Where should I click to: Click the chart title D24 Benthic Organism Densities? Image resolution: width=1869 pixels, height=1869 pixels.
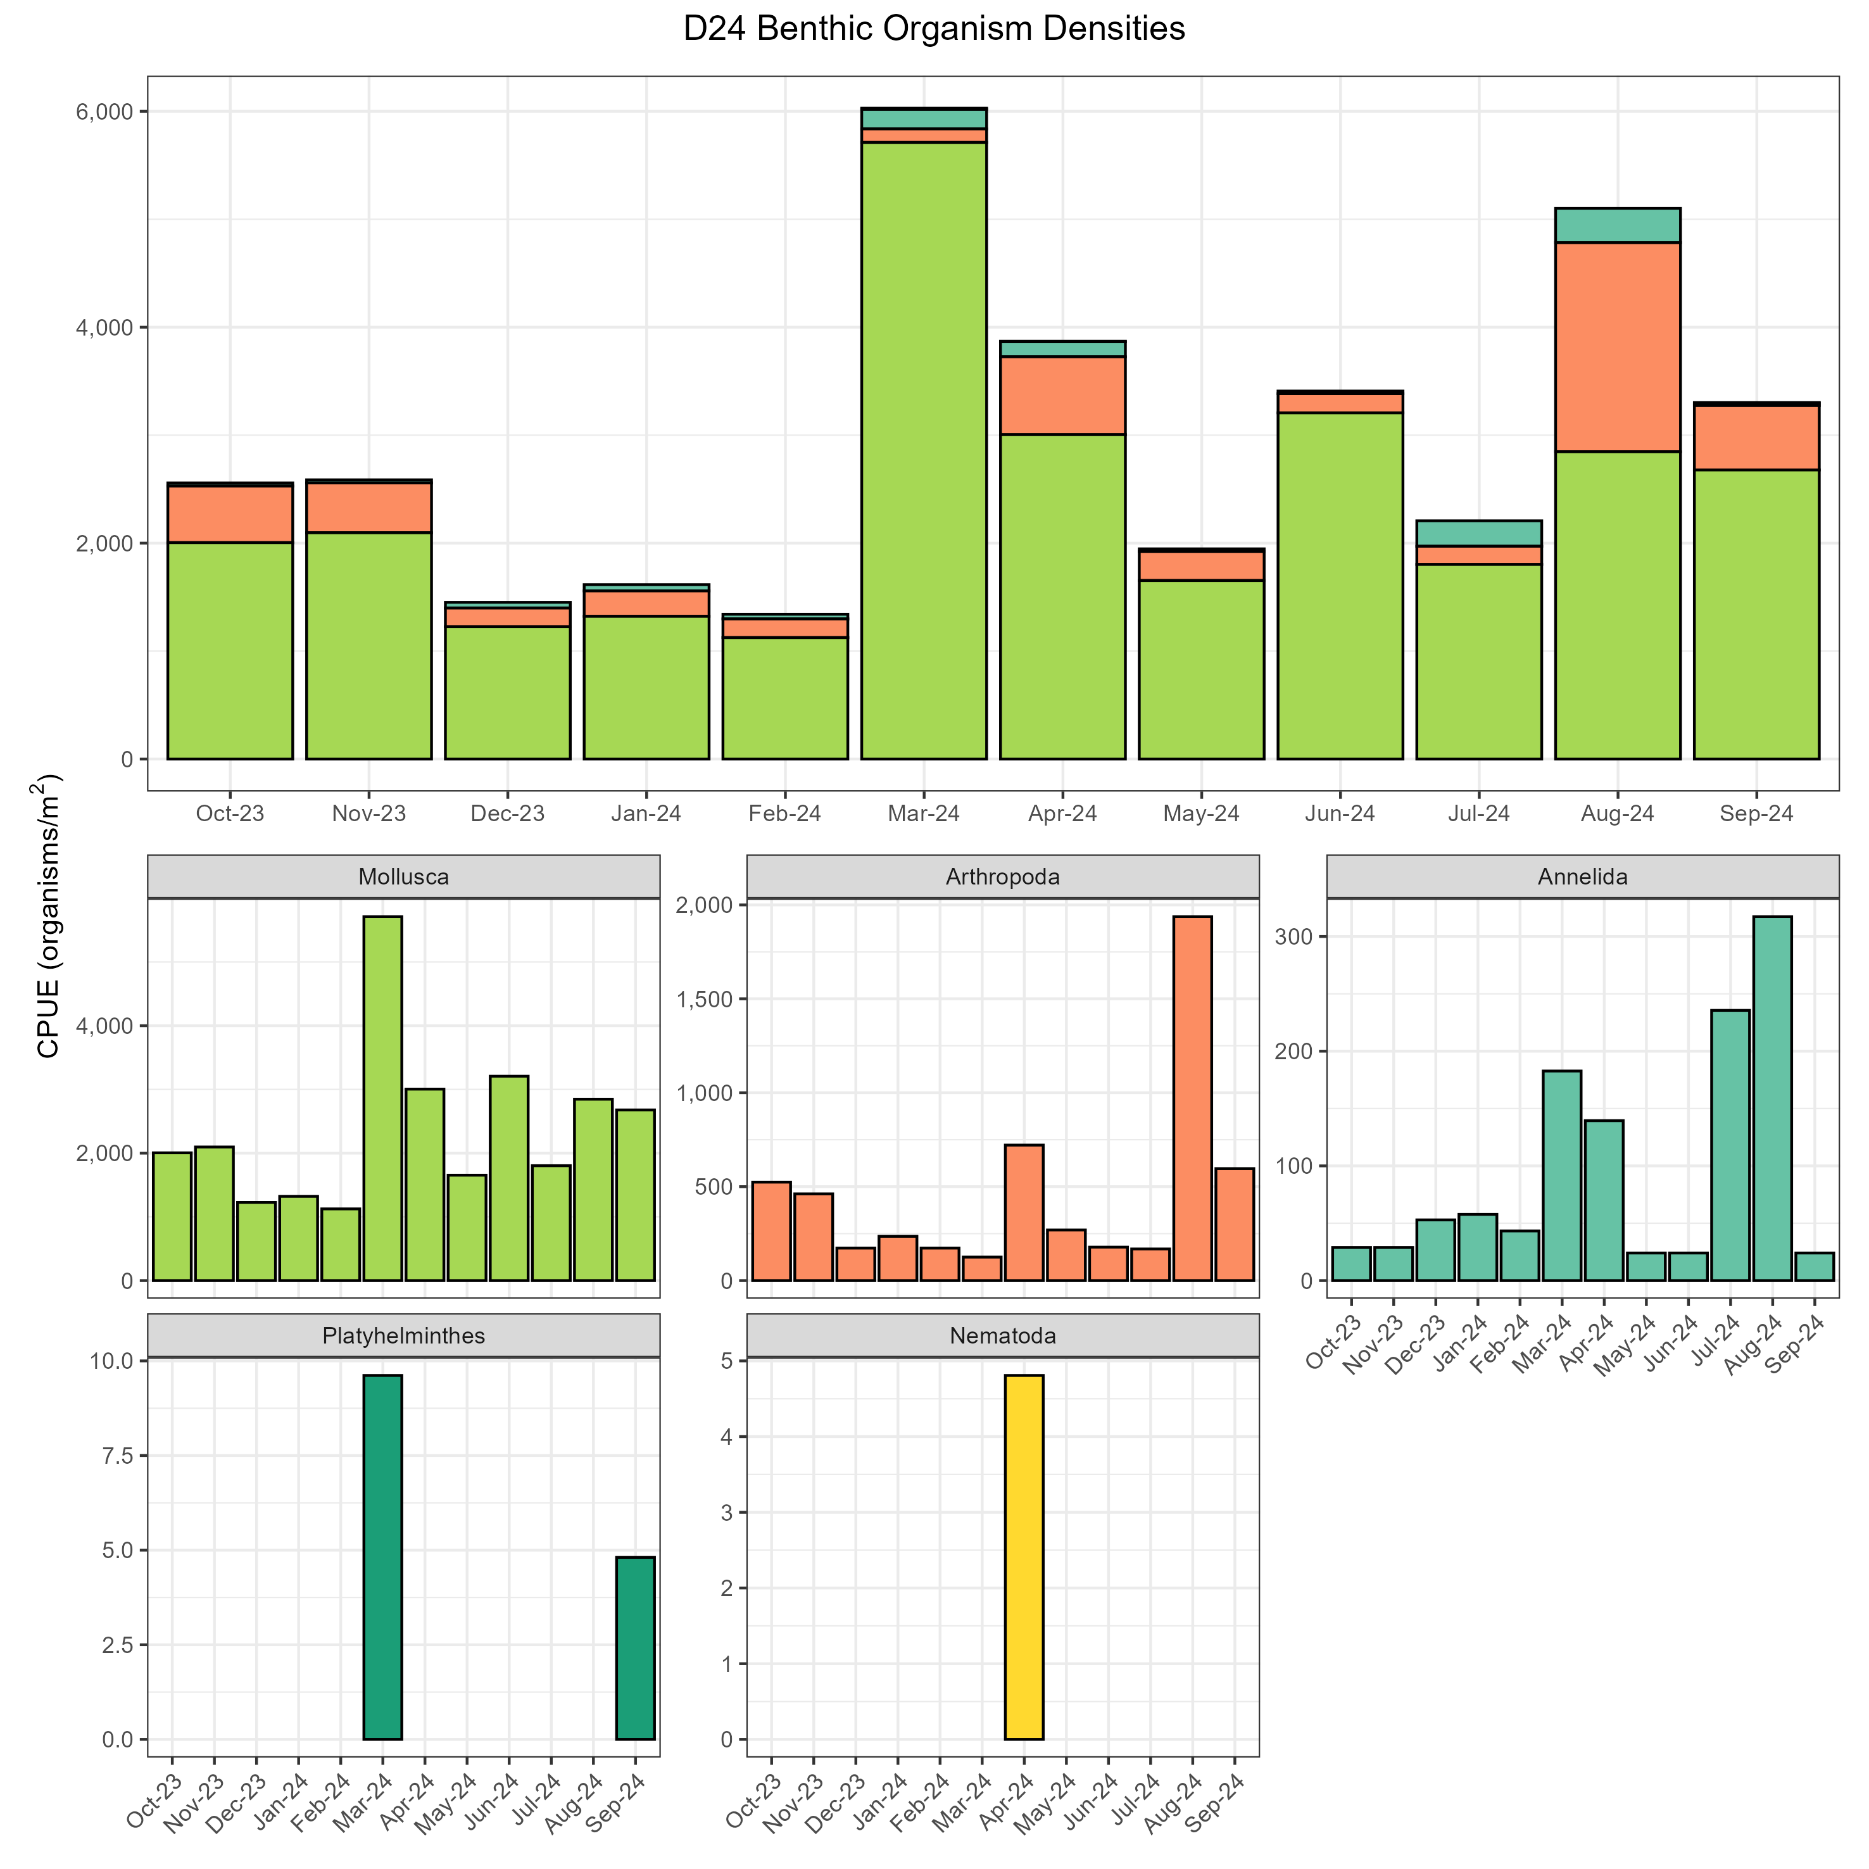pos(933,29)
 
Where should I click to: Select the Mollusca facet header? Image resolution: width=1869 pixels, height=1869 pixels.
pos(403,878)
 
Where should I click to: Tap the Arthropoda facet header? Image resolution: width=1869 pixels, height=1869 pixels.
pos(1002,878)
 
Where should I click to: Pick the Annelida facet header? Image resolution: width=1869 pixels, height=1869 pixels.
pos(1582,878)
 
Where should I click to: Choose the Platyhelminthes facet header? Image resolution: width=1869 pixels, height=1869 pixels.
pos(403,1336)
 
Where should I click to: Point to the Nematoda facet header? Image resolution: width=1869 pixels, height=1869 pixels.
pos(1002,1336)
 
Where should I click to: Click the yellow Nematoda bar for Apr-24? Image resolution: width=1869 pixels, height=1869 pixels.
pos(1024,1557)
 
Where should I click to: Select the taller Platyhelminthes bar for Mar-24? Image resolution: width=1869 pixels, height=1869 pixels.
pos(382,1557)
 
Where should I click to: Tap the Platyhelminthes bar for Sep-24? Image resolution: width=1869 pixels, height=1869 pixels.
pos(636,1649)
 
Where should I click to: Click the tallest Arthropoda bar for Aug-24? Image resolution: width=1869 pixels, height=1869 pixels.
pos(1192,1098)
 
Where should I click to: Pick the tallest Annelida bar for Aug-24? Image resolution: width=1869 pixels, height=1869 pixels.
pos(1771,1098)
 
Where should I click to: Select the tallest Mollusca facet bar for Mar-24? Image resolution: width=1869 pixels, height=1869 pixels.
pos(382,1098)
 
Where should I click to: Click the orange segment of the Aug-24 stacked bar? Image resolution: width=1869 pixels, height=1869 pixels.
pos(1616,346)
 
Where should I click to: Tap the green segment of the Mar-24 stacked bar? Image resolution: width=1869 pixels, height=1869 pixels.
pos(924,450)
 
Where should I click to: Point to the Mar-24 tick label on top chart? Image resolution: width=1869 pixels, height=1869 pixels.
pos(924,814)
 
